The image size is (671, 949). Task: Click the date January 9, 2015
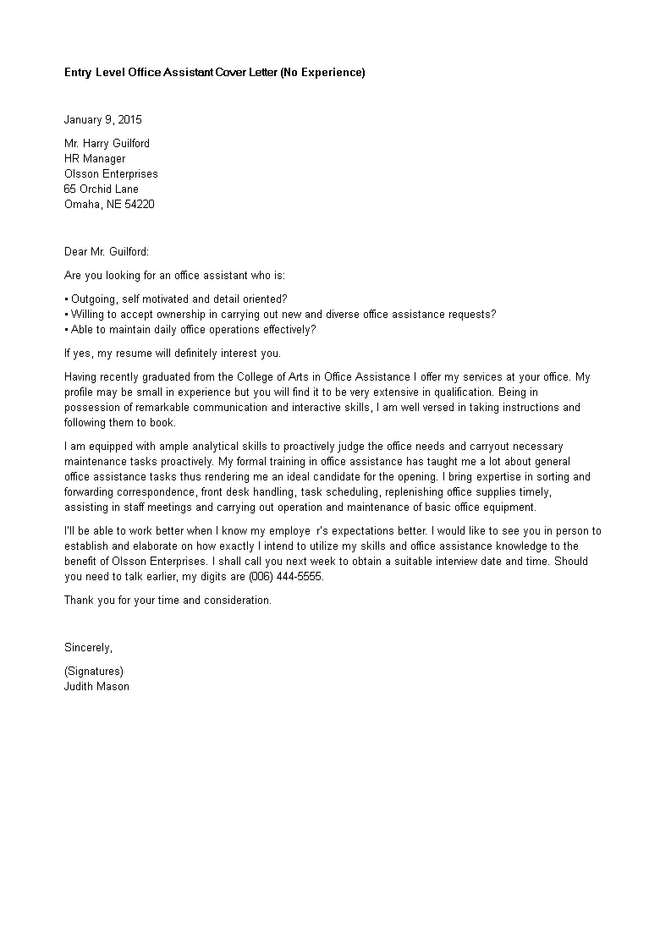point(103,119)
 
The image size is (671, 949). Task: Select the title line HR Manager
point(95,158)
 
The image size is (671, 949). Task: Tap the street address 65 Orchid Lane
point(102,189)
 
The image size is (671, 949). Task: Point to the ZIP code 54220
point(140,204)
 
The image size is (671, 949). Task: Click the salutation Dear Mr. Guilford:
point(107,251)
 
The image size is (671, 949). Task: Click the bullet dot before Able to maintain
point(66,330)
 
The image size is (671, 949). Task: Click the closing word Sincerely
point(88,647)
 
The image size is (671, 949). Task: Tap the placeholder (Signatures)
point(93,671)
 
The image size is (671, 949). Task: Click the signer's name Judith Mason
point(96,686)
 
